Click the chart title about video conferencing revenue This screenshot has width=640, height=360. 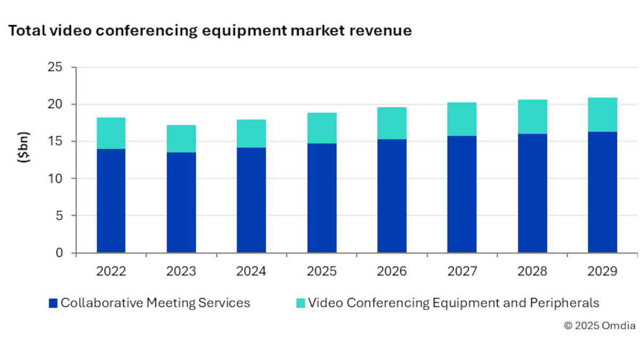(x=210, y=31)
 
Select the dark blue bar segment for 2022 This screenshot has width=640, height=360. (x=111, y=201)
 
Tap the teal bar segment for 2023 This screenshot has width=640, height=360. (x=181, y=139)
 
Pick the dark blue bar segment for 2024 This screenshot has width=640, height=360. (x=251, y=200)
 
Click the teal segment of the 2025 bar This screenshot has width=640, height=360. (x=322, y=128)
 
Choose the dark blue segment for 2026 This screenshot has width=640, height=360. (x=392, y=196)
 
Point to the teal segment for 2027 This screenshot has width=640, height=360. (x=462, y=119)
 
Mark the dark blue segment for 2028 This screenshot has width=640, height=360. (x=532, y=193)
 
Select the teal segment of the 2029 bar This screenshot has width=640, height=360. (x=603, y=115)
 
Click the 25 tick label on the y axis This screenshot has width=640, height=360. (x=55, y=68)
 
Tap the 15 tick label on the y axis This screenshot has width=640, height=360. (x=55, y=142)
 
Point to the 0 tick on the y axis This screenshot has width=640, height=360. (x=59, y=253)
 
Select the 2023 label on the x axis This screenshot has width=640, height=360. (x=181, y=271)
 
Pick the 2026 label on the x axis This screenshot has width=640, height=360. (x=392, y=271)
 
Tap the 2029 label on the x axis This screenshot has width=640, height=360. (x=603, y=271)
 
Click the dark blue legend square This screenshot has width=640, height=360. (x=52, y=303)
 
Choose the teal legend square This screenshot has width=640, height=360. (x=300, y=303)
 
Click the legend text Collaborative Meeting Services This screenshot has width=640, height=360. (x=155, y=303)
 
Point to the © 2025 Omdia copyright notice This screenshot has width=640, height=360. (x=599, y=326)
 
